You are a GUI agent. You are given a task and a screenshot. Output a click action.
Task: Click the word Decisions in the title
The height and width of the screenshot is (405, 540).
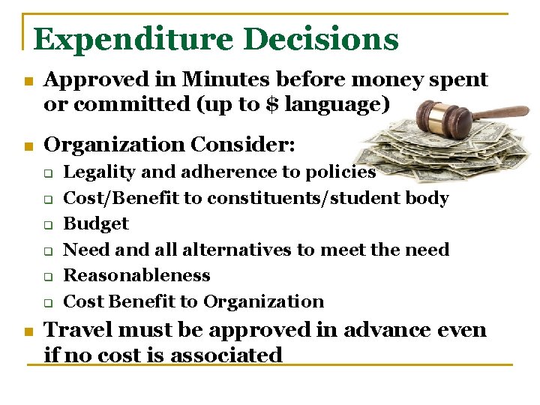323,40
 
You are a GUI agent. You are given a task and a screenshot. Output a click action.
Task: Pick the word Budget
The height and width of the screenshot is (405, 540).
96,223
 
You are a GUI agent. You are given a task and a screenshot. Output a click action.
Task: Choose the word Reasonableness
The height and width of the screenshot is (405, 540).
136,275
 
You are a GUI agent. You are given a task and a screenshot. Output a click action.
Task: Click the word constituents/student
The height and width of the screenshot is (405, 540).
304,198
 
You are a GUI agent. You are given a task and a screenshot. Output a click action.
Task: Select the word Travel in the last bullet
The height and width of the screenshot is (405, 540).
76,330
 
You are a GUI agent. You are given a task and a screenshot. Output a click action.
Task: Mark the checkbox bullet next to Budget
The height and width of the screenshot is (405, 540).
46,224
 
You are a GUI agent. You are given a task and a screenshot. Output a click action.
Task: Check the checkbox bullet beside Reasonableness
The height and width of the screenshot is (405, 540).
46,276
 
